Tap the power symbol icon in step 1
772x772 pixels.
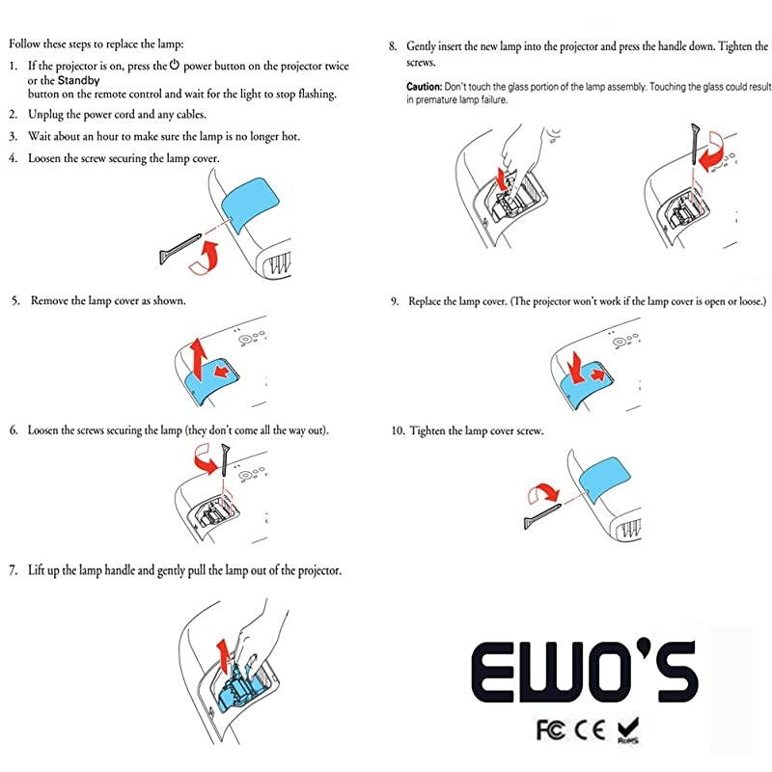point(175,66)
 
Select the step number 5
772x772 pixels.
point(15,301)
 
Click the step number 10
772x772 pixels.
point(397,430)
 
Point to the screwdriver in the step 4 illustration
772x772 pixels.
point(178,247)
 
